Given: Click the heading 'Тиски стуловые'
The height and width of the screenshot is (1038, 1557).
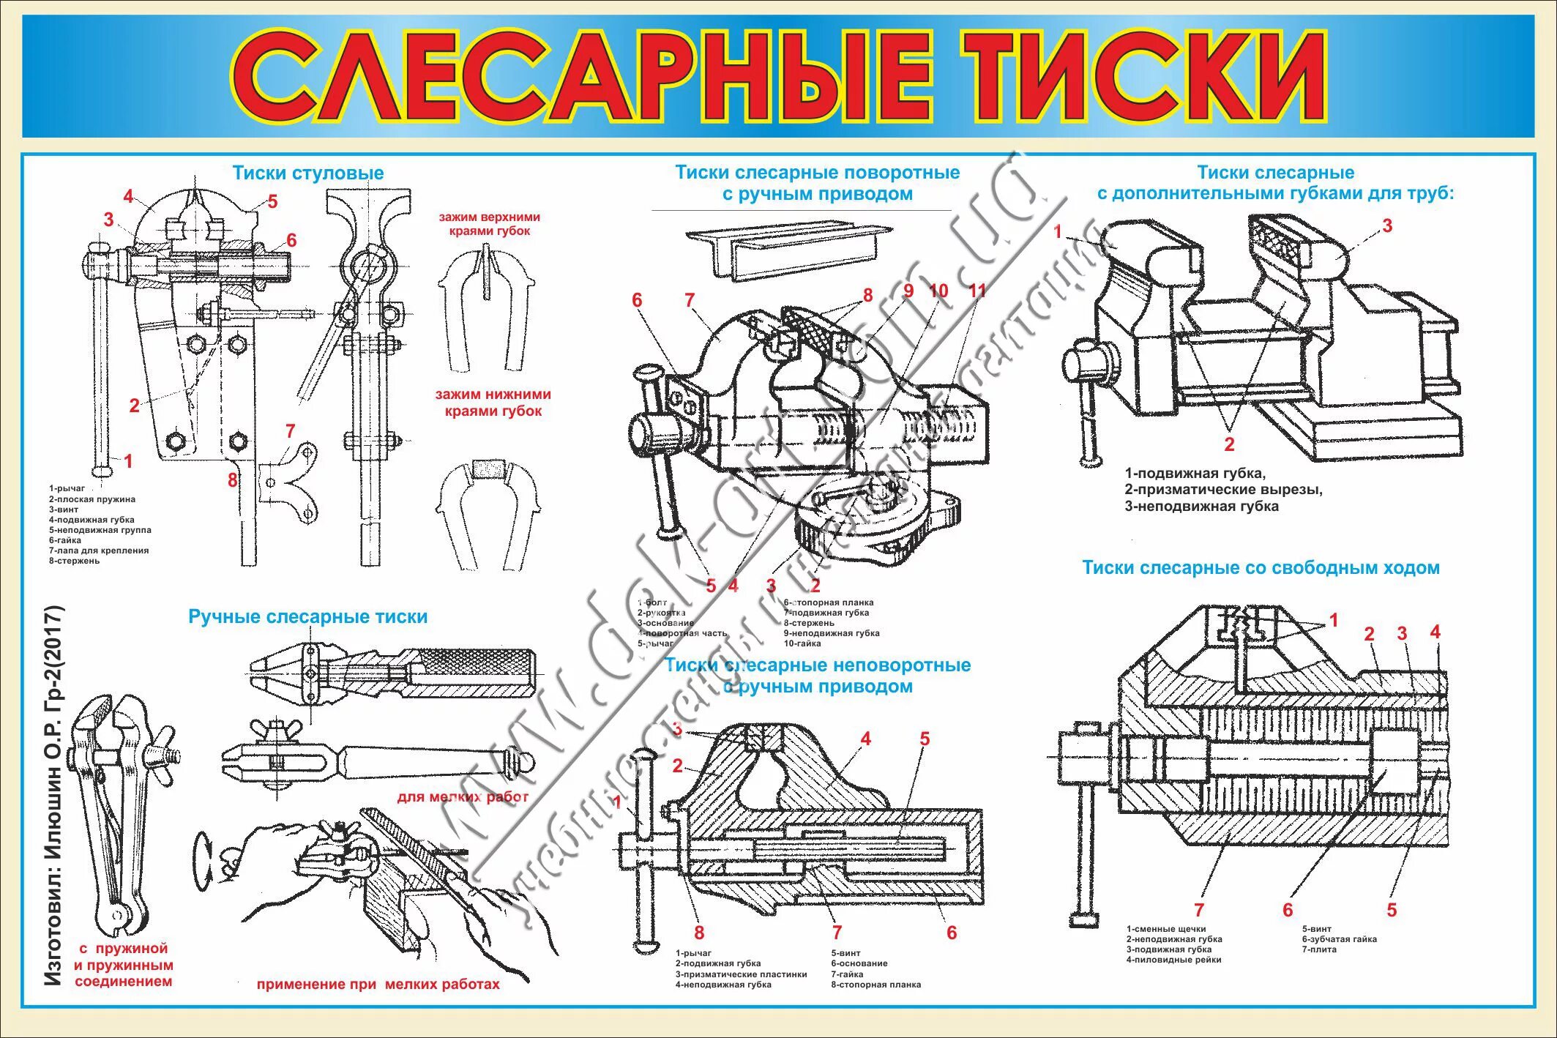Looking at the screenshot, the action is coord(308,173).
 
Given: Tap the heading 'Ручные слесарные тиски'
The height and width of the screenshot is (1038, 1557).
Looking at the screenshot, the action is coord(308,617).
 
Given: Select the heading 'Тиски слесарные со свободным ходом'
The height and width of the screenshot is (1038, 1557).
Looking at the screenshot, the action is coord(1261,568).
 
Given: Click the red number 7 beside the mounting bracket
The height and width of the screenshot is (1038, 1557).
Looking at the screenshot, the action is coord(290,431).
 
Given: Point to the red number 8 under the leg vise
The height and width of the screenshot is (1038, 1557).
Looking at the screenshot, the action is coord(232,480).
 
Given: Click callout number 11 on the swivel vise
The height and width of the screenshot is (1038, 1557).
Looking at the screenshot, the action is coord(977,291).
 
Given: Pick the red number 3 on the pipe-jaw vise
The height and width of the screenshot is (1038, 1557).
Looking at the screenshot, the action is coord(1386,226).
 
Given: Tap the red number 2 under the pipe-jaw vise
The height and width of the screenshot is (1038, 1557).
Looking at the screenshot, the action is coord(1229,444).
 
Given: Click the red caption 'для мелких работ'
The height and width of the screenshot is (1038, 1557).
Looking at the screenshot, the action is coord(463,796).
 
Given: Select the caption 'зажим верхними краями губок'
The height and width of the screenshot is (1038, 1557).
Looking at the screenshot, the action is coord(489,224).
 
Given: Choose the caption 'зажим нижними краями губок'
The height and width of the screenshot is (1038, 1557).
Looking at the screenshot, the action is coord(493,403).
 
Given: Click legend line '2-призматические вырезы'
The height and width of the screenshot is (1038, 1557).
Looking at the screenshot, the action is coord(1223,490).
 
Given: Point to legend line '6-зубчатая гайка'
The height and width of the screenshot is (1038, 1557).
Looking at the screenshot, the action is coord(1339,939).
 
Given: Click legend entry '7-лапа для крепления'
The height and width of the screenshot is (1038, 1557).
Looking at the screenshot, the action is coord(99,550).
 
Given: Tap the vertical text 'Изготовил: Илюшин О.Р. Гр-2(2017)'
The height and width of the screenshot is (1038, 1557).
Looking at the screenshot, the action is coord(53,794).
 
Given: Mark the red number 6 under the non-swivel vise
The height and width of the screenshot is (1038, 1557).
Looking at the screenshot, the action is coord(951,932).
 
